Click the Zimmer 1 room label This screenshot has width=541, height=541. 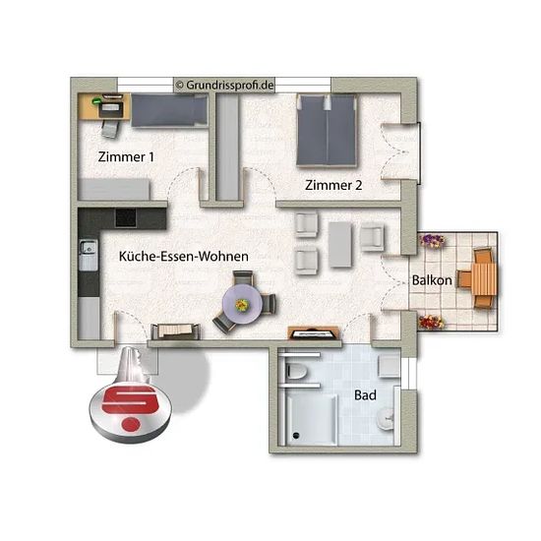pyautogui.click(x=126, y=157)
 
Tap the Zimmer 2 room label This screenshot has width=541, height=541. pyautogui.click(x=333, y=185)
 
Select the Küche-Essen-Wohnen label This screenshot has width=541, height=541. pyautogui.click(x=184, y=257)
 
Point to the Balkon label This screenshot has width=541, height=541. pyautogui.click(x=432, y=280)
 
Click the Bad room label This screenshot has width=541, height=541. pyautogui.click(x=365, y=395)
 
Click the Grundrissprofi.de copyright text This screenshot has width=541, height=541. pyautogui.click(x=225, y=85)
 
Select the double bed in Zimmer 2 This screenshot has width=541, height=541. pyautogui.click(x=327, y=131)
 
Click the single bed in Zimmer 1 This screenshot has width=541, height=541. pyautogui.click(x=169, y=110)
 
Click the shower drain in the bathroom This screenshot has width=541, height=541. pyautogui.click(x=296, y=436)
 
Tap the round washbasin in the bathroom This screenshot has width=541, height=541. pyautogui.click(x=385, y=419)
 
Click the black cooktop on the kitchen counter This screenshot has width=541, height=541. pyautogui.click(x=126, y=218)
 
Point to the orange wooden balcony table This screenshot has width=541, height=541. pyautogui.click(x=485, y=279)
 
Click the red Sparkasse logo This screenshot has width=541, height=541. pyautogui.click(x=130, y=407)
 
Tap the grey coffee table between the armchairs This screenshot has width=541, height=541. pyautogui.click(x=340, y=245)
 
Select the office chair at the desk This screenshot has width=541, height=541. pyautogui.click(x=110, y=129)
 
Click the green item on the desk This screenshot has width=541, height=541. pyautogui.click(x=96, y=100)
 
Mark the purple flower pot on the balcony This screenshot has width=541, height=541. pyautogui.click(x=432, y=240)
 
